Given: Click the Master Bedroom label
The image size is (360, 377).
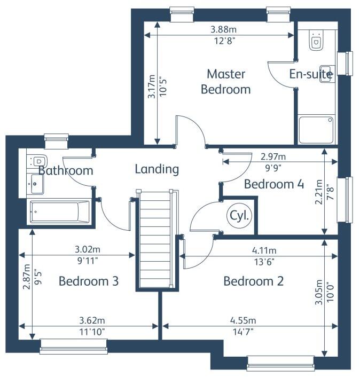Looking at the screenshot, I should (x=225, y=81).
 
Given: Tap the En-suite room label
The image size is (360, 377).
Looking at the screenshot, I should (x=311, y=75).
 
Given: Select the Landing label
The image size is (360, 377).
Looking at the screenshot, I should (x=156, y=169).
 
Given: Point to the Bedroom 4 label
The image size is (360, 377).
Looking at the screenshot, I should (x=274, y=185).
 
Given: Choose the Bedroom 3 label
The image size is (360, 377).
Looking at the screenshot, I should (x=88, y=281).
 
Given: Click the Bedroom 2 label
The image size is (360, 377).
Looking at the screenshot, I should (x=253, y=281).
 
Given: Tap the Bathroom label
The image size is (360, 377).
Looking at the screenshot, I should (x=66, y=171).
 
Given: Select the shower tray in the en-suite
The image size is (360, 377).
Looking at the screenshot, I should (x=316, y=130).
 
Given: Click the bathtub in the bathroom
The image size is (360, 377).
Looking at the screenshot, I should (x=59, y=213).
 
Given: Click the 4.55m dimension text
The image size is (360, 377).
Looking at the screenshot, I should (x=243, y=320).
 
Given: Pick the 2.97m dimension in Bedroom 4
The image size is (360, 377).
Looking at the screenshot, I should (x=273, y=156).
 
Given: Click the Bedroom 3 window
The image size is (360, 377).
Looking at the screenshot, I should (x=66, y=350).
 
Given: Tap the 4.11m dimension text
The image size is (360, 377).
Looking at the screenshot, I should (x=264, y=250).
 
